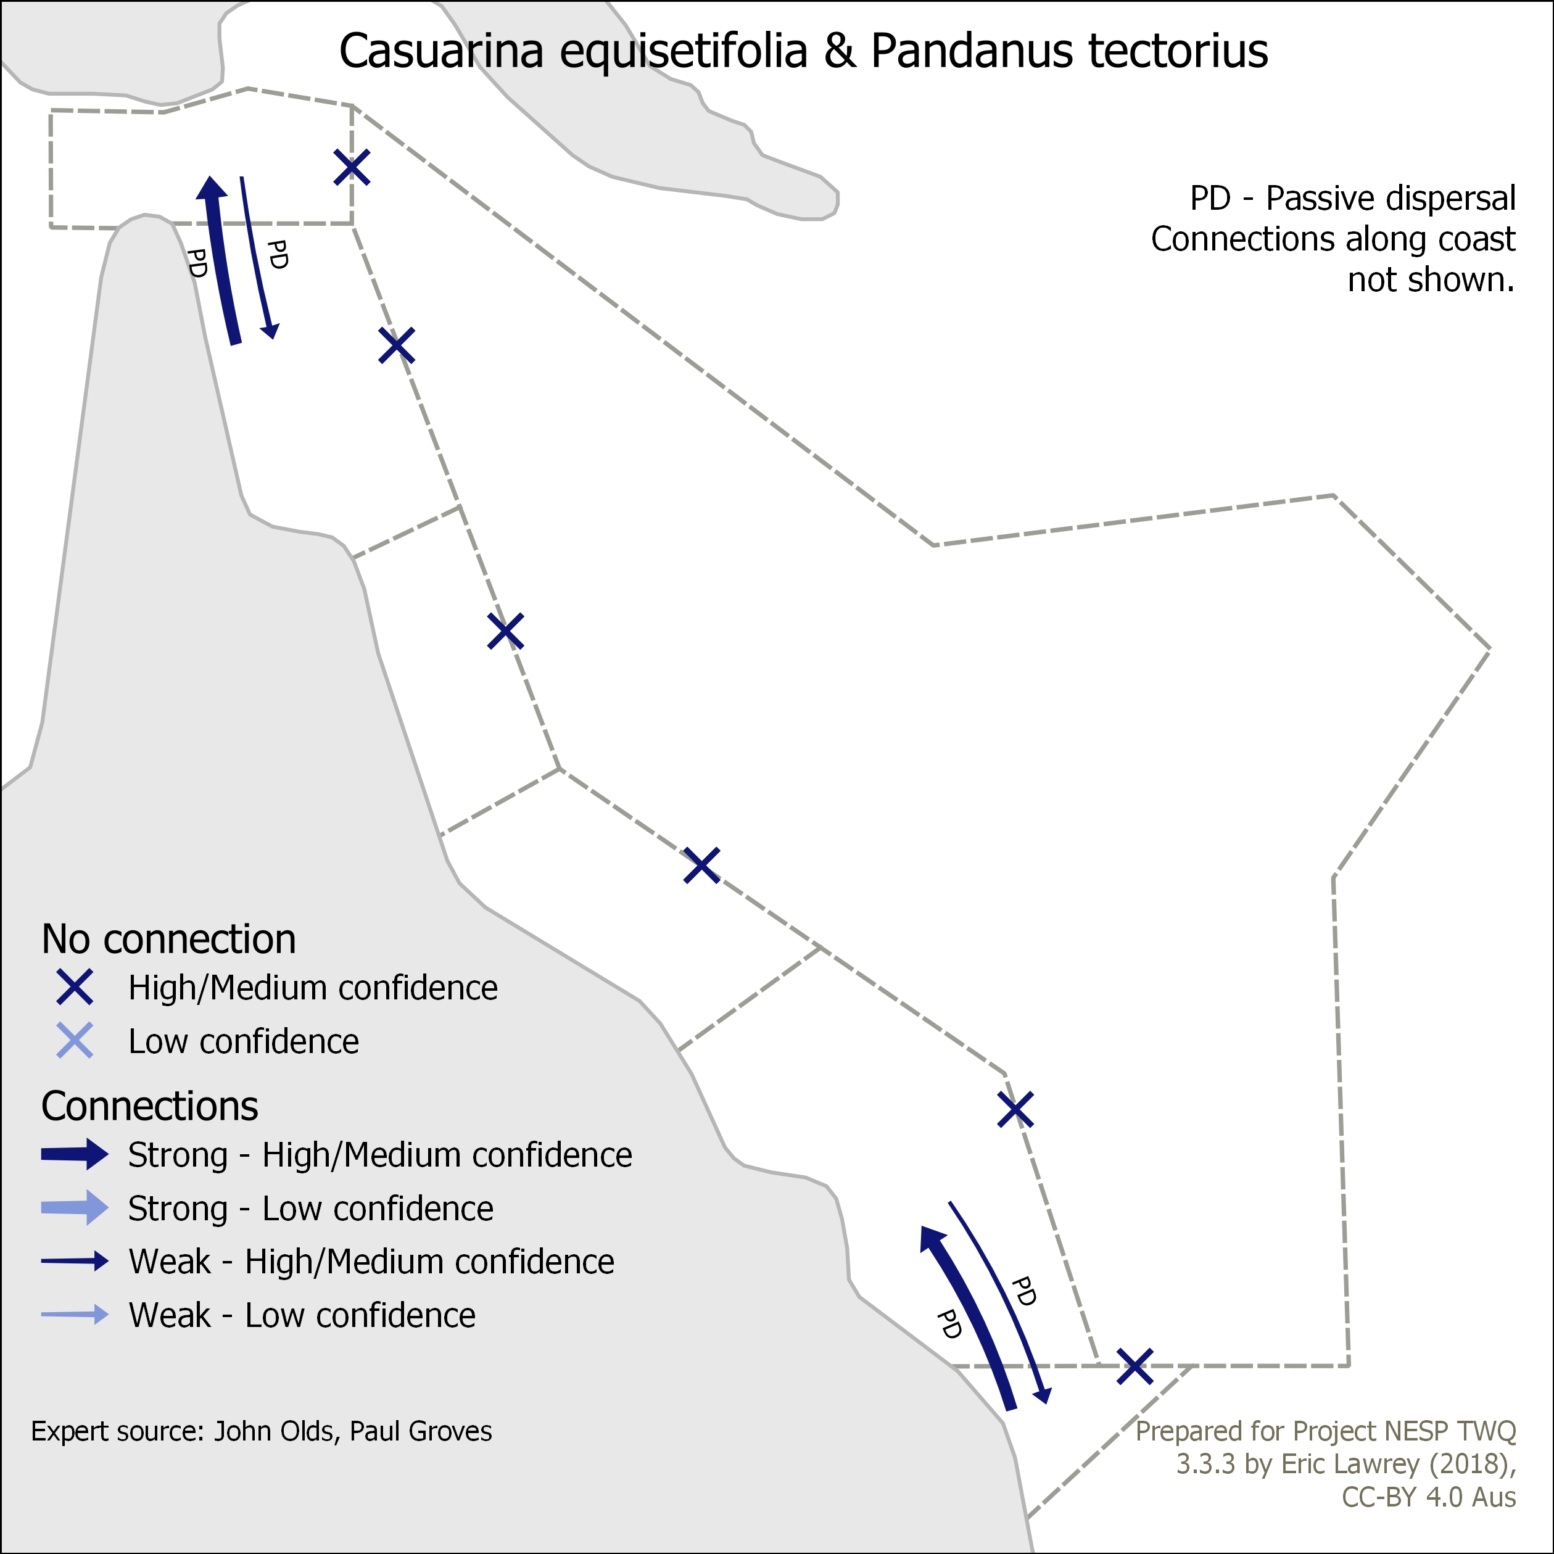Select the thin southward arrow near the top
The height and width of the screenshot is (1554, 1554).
pyautogui.click(x=259, y=257)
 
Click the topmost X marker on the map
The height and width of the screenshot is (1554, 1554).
pyautogui.click(x=352, y=167)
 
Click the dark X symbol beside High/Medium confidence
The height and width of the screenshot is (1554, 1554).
pyautogui.click(x=75, y=987)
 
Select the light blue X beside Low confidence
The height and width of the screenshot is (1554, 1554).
pyautogui.click(x=75, y=1041)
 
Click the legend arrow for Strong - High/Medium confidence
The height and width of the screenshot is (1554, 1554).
pyautogui.click(x=75, y=1154)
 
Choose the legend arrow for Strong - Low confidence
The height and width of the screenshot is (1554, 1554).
pyautogui.click(x=75, y=1208)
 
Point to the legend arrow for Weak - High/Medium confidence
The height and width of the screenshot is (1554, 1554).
pyautogui.click(x=75, y=1261)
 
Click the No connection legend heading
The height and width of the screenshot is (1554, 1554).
pyautogui.click(x=169, y=939)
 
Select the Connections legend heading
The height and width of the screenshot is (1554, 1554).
pyautogui.click(x=150, y=1106)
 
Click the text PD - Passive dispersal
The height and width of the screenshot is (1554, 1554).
pyautogui.click(x=1353, y=198)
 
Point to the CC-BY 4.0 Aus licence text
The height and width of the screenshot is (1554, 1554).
pyautogui.click(x=1429, y=1497)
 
